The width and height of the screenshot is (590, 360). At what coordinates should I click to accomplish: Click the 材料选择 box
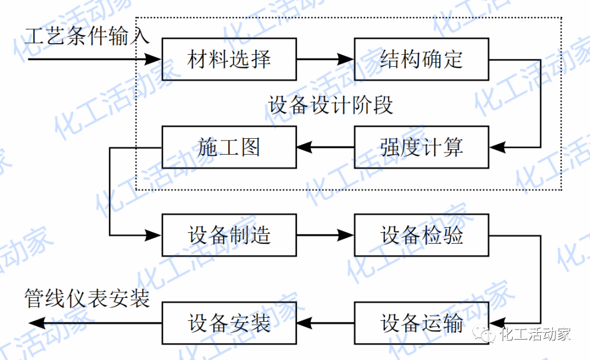tap(229, 58)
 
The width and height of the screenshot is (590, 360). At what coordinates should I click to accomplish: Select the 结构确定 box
tap(421, 58)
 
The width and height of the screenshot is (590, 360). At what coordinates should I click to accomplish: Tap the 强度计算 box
tap(421, 147)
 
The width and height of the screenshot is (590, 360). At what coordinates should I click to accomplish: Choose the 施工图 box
tap(229, 147)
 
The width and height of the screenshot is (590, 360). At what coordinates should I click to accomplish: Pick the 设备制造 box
tap(229, 235)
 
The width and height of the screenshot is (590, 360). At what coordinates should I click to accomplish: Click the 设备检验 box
tap(421, 235)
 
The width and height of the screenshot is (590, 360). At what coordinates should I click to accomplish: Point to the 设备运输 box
tap(421, 323)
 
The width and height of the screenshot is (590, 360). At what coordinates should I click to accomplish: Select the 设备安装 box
tap(229, 323)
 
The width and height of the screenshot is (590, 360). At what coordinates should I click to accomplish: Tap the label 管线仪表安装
tap(87, 299)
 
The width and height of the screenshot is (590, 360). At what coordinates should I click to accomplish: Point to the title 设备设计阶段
tap(331, 104)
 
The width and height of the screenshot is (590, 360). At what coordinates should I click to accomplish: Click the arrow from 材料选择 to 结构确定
tap(325, 58)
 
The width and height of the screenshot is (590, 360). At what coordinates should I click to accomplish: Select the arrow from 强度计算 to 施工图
tap(325, 147)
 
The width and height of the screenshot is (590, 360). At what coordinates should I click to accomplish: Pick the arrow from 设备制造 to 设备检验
tap(325, 235)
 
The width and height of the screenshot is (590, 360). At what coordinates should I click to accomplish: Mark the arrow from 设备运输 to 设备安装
tap(325, 323)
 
